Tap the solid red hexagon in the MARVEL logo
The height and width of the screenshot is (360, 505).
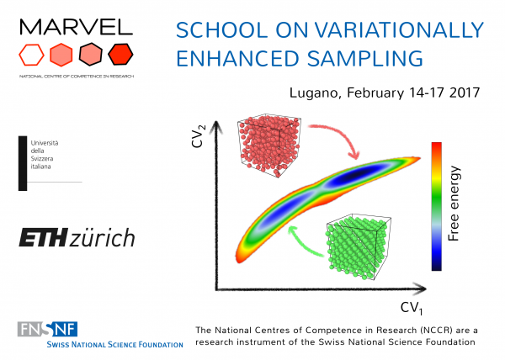[x=122, y=56]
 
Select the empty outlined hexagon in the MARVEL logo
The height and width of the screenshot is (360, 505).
[x=31, y=56]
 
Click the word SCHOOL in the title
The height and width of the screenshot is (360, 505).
[x=209, y=32]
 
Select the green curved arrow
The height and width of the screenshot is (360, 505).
[x=304, y=243]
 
